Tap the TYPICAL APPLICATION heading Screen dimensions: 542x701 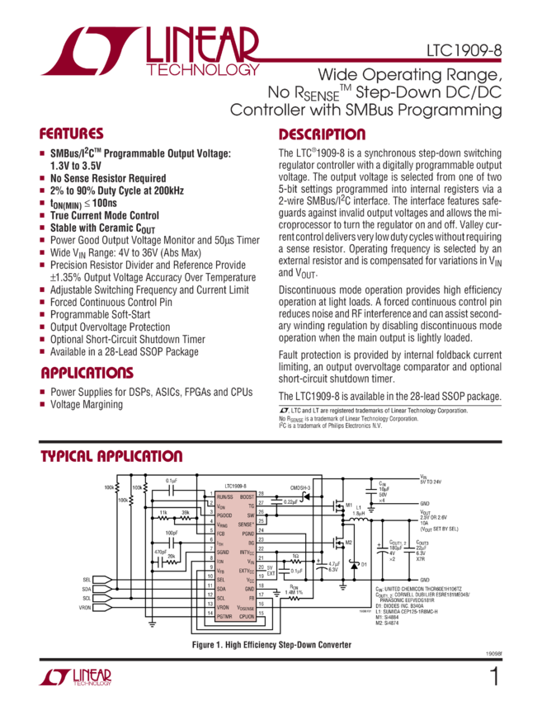pos(111,457)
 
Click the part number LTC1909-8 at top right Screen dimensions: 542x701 pos(464,51)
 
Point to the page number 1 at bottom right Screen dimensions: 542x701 pos(494,677)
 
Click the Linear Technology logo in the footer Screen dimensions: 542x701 pos(75,677)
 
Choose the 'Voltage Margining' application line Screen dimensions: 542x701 pos(87,404)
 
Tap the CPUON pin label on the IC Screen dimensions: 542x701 pos(246,616)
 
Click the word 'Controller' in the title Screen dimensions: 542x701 pos(271,109)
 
